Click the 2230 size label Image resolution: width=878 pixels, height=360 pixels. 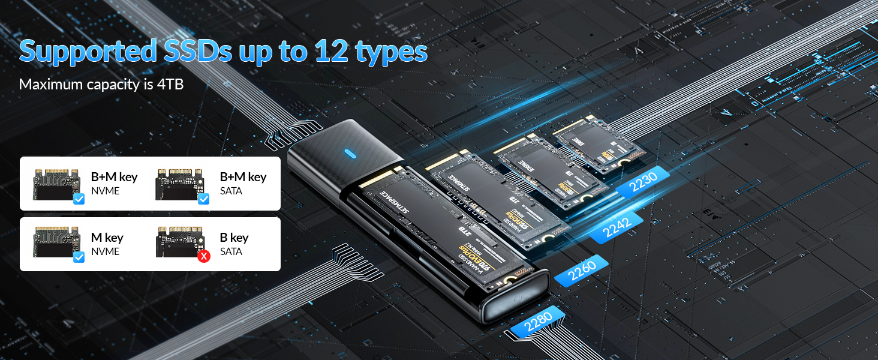(x=640, y=181)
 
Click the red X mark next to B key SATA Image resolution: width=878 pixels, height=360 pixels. (x=204, y=257)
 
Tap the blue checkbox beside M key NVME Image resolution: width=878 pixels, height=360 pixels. (x=79, y=257)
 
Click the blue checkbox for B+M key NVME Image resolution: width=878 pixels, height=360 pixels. (x=79, y=199)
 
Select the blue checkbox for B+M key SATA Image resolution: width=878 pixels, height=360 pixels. (x=203, y=199)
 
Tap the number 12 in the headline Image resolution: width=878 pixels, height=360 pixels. (x=329, y=52)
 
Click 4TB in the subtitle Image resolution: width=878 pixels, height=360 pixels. (x=170, y=85)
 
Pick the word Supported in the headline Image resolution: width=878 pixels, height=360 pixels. (x=87, y=52)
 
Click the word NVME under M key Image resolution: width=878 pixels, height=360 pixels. (x=105, y=251)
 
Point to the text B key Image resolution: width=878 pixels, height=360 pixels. (x=234, y=238)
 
